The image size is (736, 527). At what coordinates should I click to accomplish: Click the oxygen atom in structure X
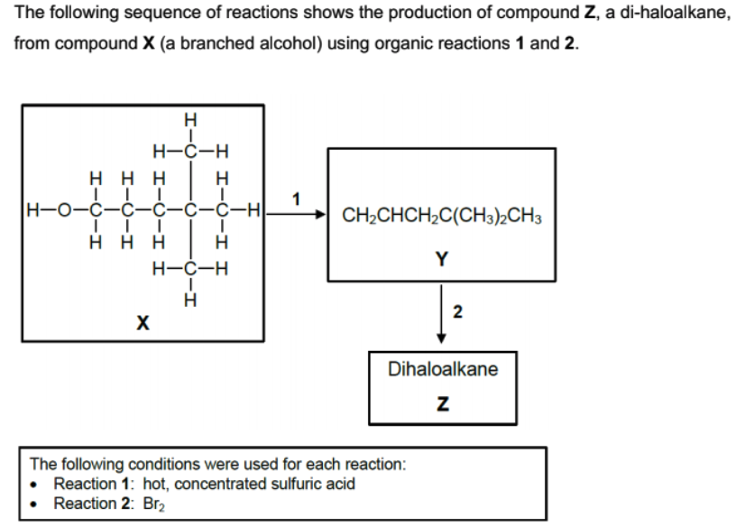point(61,214)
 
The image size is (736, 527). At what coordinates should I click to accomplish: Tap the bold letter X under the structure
point(142,322)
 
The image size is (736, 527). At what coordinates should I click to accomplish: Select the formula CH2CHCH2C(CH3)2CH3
point(442,217)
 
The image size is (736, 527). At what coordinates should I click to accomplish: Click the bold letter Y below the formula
point(441,261)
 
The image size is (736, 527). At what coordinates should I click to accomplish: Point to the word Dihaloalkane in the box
point(442,369)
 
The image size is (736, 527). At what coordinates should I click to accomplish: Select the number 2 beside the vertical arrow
point(457,312)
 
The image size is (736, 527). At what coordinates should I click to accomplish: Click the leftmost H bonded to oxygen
point(34,214)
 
